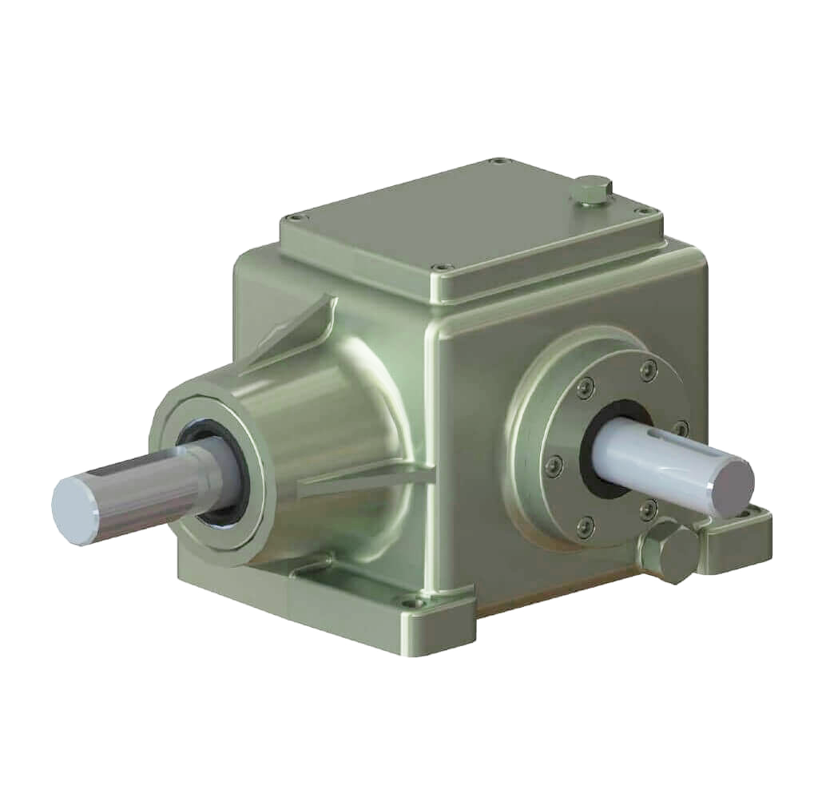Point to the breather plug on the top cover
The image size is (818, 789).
pyautogui.click(x=591, y=189)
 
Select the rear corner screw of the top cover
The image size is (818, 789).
pyautogui.click(x=501, y=161)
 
